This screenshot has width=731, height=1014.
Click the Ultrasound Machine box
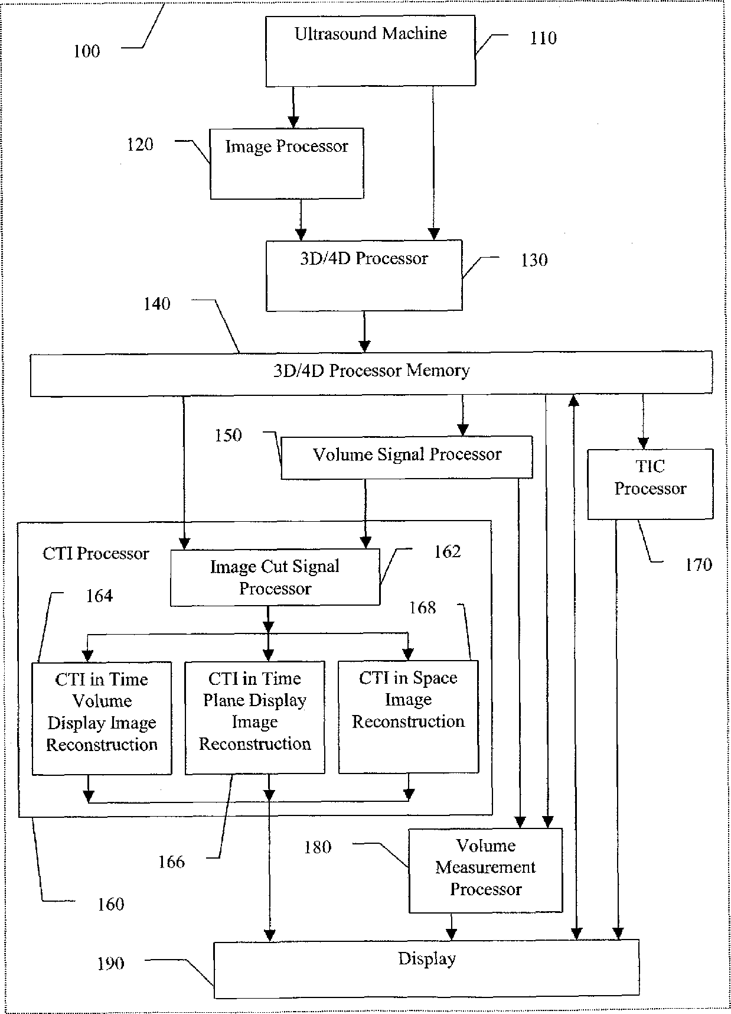coord(370,51)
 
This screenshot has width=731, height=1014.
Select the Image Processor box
coord(287,163)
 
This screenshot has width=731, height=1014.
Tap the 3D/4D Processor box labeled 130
coord(364,275)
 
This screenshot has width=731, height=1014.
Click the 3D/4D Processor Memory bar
coord(371,373)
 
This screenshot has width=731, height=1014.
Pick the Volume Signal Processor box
coord(406,457)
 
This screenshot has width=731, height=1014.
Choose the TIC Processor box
coord(650,484)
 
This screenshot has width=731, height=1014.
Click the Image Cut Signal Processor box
coord(275,578)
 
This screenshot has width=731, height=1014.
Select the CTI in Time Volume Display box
coord(102,718)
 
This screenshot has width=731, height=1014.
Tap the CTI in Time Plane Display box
coord(254,717)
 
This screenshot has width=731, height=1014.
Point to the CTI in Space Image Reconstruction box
coord(408,717)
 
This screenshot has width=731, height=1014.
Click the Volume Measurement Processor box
coord(485,870)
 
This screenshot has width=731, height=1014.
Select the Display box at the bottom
coord(426,969)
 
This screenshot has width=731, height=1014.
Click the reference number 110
coord(543,38)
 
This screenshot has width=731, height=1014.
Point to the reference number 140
coord(157,304)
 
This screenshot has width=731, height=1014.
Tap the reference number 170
coord(699,565)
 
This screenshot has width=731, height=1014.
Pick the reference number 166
coord(171,862)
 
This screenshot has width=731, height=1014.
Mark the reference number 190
coord(111,964)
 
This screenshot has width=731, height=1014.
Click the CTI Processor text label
coord(96,554)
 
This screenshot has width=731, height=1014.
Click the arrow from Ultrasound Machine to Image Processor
coord(293,107)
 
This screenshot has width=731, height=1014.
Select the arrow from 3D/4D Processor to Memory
coord(364,331)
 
